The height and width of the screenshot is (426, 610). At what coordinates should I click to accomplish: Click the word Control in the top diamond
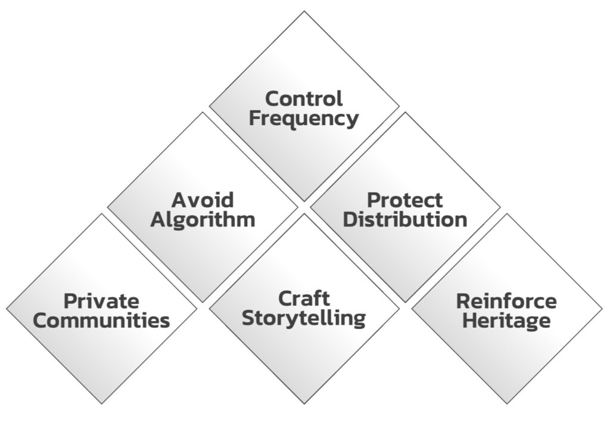pos(304,98)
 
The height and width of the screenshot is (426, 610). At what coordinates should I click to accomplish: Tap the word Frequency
pos(304,118)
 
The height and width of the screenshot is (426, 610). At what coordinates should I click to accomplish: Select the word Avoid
pos(203,200)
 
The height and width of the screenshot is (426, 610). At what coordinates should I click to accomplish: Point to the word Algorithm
pos(203,219)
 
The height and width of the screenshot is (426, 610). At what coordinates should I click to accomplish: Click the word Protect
pos(405,200)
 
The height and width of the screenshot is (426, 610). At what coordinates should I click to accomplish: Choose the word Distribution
pos(405,219)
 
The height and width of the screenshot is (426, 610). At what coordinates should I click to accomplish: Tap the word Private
pos(101,301)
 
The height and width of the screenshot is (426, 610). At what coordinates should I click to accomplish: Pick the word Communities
pos(101,321)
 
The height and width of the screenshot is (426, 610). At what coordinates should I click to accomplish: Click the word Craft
pos(304,298)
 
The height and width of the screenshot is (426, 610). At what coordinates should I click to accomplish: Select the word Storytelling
pos(304,318)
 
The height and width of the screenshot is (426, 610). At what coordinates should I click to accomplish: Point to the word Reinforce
pos(506,301)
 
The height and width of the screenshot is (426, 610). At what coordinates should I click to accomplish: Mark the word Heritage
pos(506,321)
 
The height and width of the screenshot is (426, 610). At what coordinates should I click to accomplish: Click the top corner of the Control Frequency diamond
pos(304,11)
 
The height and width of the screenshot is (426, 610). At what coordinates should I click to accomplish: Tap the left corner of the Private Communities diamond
pos(7,309)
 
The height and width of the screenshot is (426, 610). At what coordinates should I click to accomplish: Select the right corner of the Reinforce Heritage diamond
pos(602,309)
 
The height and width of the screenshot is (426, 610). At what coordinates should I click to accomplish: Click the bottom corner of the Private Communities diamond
pos(102,404)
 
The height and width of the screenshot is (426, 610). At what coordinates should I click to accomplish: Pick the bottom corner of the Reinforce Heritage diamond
pos(507,404)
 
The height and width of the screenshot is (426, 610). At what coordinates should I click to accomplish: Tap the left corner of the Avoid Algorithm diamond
pos(108,208)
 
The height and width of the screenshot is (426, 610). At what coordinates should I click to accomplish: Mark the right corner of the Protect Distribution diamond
pos(500,208)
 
